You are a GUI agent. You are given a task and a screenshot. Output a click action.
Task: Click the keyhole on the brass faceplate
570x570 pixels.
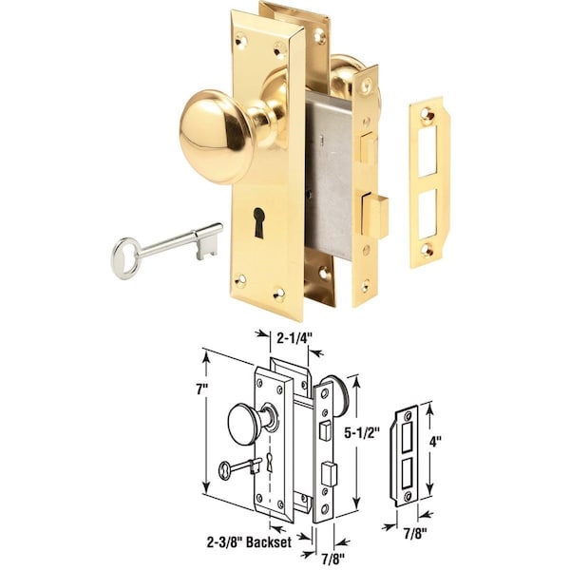coord(258,222)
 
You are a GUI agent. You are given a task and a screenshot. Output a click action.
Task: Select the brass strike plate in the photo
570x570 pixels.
coord(429,181)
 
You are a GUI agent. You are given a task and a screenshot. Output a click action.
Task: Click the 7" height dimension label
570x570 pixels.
coord(200,390)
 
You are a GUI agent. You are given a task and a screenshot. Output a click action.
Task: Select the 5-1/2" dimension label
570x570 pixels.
coord(363,431)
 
